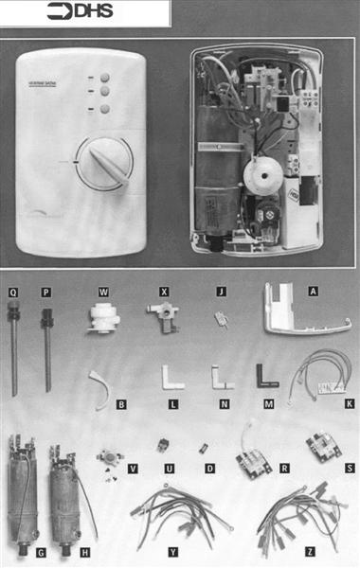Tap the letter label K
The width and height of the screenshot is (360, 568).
349,404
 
